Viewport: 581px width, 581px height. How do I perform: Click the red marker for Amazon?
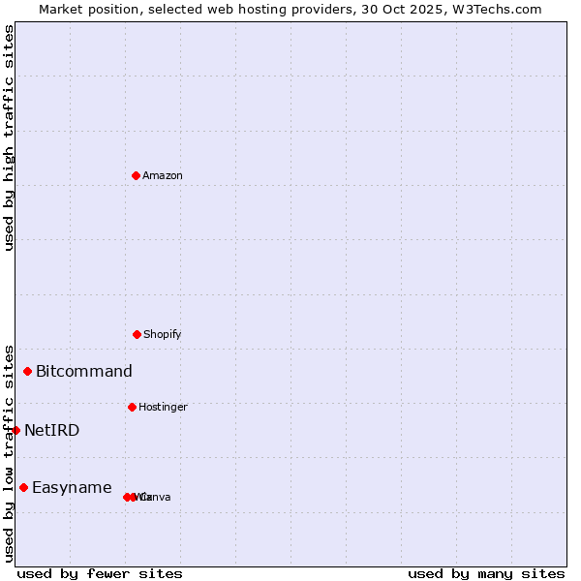pyautogui.click(x=136, y=175)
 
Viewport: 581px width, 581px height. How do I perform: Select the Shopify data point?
pyautogui.click(x=137, y=334)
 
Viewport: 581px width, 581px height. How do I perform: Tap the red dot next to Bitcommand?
pyautogui.click(x=28, y=371)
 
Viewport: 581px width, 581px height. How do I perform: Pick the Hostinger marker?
pyautogui.click(x=132, y=407)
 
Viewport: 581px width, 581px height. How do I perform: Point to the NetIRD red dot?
pyautogui.click(x=15, y=430)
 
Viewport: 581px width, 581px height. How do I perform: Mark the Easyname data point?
pyautogui.click(x=23, y=487)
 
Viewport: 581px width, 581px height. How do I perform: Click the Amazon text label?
pyautogui.click(x=162, y=175)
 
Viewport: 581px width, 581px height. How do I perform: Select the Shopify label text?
pyautogui.click(x=162, y=334)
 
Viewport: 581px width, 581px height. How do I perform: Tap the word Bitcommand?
pyautogui.click(x=83, y=371)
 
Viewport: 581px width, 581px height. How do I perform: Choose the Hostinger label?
pyautogui.click(x=162, y=407)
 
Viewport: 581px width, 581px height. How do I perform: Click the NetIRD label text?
pyautogui.click(x=51, y=430)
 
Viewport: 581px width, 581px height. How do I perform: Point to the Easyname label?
pyautogui.click(x=72, y=487)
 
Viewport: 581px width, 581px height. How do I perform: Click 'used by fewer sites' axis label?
pyautogui.click(x=100, y=573)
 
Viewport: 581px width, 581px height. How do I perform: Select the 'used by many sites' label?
pyautogui.click(x=485, y=573)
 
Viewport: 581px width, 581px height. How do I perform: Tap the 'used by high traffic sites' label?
pyautogui.click(x=9, y=138)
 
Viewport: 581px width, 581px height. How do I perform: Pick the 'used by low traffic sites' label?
pyautogui.click(x=9, y=452)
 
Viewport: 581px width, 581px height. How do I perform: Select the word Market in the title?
pyautogui.click(x=61, y=9)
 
